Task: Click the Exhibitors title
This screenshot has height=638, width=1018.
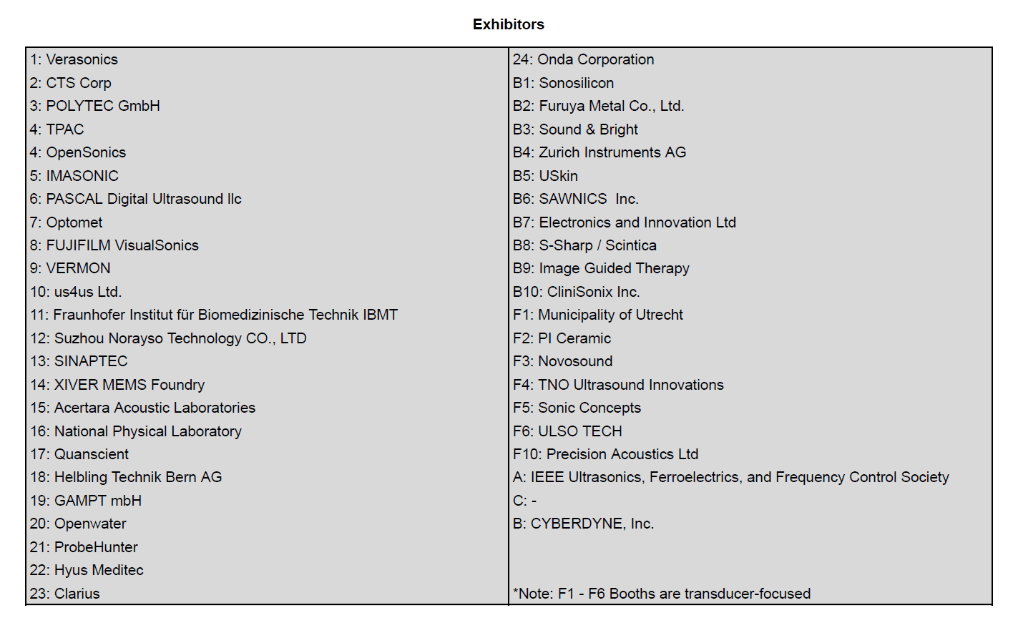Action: tap(508, 24)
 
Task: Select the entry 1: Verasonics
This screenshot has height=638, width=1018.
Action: tap(74, 59)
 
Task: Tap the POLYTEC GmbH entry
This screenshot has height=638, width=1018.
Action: tap(94, 106)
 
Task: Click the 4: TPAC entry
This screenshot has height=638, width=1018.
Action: tap(57, 129)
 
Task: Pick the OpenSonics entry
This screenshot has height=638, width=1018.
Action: tap(78, 152)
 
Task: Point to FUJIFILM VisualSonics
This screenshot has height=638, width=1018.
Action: tap(114, 245)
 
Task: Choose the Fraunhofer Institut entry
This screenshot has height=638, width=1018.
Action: tap(214, 315)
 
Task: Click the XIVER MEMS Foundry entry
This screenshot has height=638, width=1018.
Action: tap(117, 385)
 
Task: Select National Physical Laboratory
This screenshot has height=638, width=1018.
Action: tap(136, 431)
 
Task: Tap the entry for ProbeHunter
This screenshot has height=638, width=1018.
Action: tap(84, 547)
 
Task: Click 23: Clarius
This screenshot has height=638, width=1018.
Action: tap(65, 594)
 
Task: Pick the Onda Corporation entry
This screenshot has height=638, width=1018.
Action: tap(583, 59)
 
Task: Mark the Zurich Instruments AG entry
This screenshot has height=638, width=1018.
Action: tap(599, 152)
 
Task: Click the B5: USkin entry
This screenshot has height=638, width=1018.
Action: tap(545, 176)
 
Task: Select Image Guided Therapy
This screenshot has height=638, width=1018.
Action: tap(601, 268)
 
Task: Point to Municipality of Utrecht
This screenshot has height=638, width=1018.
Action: tap(597, 315)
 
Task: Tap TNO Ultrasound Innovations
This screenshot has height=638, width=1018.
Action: tap(618, 385)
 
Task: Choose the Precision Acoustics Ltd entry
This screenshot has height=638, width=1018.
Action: tap(605, 454)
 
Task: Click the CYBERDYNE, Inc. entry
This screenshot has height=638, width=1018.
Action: tap(583, 524)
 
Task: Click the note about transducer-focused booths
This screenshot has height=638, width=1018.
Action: tap(662, 594)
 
